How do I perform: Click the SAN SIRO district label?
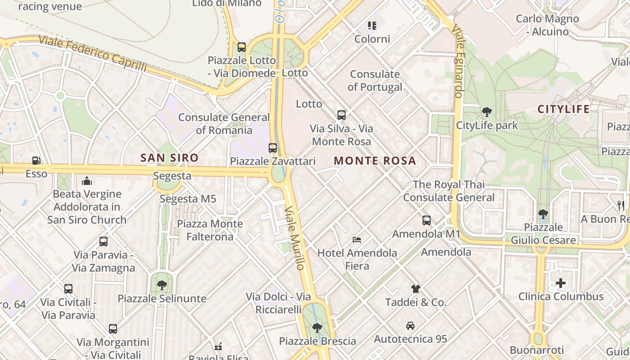click(169, 158)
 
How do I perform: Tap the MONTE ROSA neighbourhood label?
click(375, 161)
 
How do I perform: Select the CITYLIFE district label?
click(563, 109)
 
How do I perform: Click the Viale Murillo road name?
click(295, 238)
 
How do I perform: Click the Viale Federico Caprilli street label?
click(93, 53)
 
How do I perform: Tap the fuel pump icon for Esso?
click(36, 160)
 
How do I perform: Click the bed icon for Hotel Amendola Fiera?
click(357, 239)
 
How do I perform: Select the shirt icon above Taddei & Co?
click(415, 288)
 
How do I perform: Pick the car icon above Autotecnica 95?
click(410, 325)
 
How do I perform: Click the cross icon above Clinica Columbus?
click(560, 283)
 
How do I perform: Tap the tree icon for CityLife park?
click(486, 112)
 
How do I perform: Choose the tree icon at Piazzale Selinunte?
click(162, 285)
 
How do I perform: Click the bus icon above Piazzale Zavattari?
click(272, 148)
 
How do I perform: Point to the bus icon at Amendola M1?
click(426, 220)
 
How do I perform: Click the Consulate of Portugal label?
click(375, 80)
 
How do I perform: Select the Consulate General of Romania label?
click(224, 123)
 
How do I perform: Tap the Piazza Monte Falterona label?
click(210, 230)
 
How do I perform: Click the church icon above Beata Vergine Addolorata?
click(87, 181)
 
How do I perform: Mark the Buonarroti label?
click(536, 350)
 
